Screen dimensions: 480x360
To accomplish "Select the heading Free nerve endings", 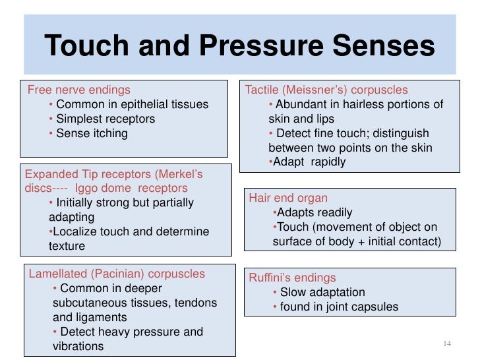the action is pos(78,90).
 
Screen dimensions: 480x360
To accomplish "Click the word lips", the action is pos(324,119).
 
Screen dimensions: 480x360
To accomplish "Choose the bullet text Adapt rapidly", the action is pos(309,162).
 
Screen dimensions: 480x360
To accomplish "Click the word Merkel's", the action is pos(179,175).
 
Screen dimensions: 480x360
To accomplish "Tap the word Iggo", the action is pos(87,189).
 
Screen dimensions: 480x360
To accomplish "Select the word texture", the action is pos(67,247).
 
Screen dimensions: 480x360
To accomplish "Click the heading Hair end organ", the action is pos(288,198).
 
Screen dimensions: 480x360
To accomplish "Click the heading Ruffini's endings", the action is pos(292,278).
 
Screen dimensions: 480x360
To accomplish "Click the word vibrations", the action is pos(78,346).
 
